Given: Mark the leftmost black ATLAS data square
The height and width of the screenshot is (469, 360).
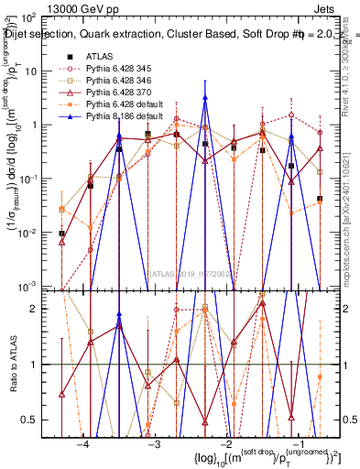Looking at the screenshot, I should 61,234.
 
